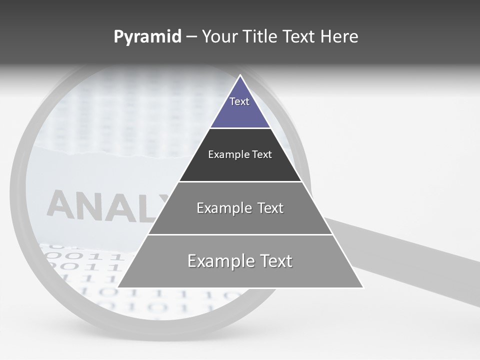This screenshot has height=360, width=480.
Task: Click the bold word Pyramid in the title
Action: point(147,37)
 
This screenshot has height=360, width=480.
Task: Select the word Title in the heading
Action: point(260,37)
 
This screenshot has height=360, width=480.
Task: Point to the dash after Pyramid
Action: point(191,37)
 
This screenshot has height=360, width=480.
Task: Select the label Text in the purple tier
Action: point(239,101)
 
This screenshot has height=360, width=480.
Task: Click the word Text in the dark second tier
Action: point(262,154)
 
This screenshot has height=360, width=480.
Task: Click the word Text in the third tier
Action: point(270,208)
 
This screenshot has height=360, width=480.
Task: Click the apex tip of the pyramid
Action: point(240,76)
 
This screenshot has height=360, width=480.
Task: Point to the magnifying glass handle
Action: point(410,260)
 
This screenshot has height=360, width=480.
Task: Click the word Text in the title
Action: point(299,37)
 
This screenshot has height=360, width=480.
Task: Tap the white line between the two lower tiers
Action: point(240,234)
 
